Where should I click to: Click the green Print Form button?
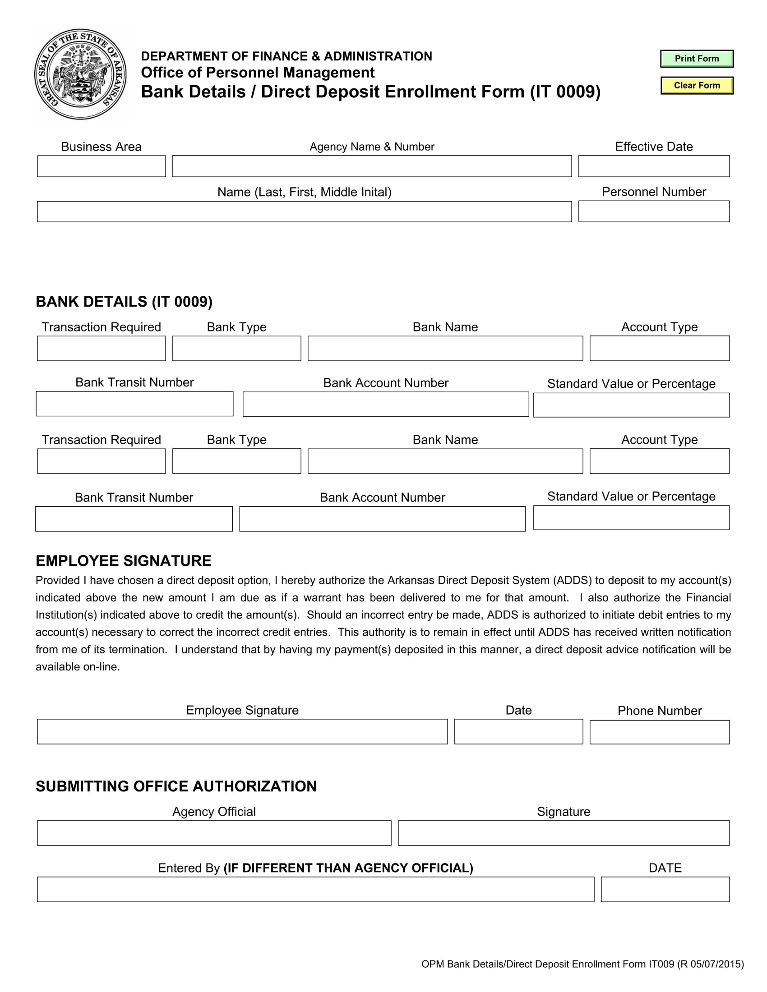[697, 59]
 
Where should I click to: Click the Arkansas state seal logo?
[81, 74]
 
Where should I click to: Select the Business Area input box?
[102, 166]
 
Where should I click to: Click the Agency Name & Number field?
[372, 166]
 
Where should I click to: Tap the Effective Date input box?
[653, 166]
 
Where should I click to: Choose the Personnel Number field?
[653, 211]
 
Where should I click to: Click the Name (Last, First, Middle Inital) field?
[304, 211]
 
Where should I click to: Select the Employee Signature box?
[242, 731]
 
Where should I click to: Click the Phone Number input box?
[659, 732]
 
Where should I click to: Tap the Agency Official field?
[214, 833]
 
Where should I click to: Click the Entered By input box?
[315, 889]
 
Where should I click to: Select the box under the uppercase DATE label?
[665, 889]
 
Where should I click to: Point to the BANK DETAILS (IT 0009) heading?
[124, 302]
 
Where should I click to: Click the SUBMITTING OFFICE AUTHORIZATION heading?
[176, 786]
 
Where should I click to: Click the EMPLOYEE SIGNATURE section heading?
[124, 561]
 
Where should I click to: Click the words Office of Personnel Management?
[258, 73]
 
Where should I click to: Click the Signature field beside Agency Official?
[564, 833]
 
